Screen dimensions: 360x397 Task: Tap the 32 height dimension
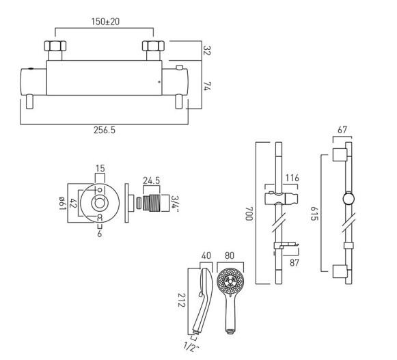tap(206, 51)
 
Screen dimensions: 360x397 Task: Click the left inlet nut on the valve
tap(55, 49)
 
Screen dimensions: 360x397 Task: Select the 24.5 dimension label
tap(151, 182)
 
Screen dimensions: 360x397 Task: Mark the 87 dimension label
tap(294, 262)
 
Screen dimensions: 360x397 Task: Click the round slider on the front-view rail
tap(348, 200)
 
